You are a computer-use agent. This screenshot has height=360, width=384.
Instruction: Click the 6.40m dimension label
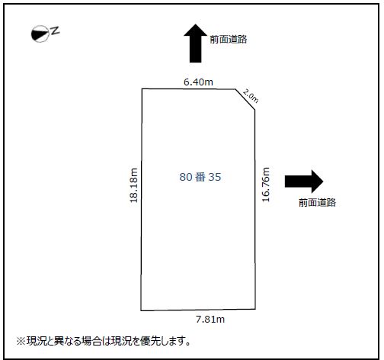point(198,82)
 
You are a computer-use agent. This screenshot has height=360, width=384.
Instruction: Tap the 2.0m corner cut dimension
point(251,96)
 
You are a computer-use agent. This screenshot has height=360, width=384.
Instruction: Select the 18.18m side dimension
point(133,185)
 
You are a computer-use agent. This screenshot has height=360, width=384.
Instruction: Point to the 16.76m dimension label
point(266,185)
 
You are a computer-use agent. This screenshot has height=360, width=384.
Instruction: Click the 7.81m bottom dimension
point(210,319)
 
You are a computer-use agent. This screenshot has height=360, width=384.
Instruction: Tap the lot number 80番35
point(200,177)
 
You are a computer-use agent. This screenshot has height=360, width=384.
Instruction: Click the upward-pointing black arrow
point(196,43)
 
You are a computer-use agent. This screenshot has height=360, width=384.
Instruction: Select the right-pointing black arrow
point(304,182)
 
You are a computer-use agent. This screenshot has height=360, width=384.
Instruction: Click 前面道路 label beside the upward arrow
point(229,40)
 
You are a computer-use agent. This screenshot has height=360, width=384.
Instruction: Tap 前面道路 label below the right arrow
point(317,203)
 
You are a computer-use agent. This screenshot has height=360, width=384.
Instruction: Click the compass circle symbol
point(40,34)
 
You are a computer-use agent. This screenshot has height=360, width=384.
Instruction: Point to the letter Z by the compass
point(55,31)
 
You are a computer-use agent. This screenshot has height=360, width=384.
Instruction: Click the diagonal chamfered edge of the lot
point(245,99)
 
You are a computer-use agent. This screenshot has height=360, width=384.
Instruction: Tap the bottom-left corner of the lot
point(141,310)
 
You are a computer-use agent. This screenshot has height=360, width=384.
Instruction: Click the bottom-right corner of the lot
point(255,309)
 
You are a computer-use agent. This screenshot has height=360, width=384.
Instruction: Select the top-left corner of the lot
point(142,88)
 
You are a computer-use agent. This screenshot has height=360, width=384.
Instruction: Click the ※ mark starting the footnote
point(21,341)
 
